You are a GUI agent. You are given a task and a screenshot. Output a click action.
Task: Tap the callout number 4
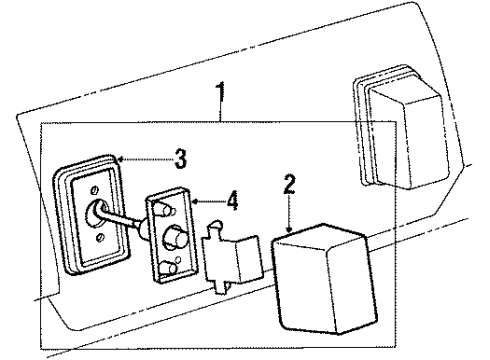tap(232, 200)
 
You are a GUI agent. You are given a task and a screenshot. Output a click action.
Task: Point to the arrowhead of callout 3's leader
tap(119, 157)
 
